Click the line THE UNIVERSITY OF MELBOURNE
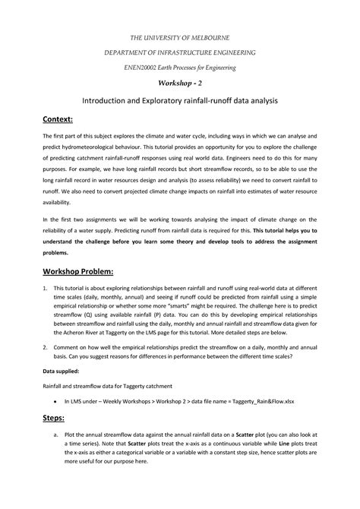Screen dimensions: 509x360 180,37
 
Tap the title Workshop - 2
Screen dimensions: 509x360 180,84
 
